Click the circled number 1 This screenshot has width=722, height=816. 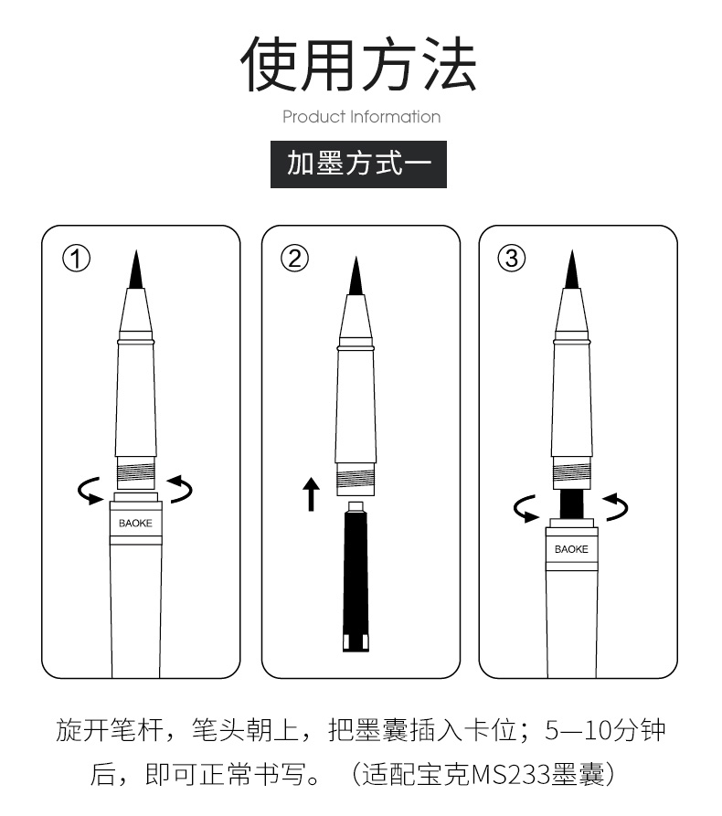(x=76, y=259)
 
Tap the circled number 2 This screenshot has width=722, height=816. (x=294, y=259)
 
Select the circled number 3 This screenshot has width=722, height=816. (x=512, y=259)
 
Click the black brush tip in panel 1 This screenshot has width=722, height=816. (x=136, y=270)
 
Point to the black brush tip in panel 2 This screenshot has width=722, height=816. (x=356, y=276)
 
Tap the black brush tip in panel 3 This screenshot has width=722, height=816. (x=572, y=270)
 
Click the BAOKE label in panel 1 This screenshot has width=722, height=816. (x=135, y=523)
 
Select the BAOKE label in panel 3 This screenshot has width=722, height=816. (x=571, y=549)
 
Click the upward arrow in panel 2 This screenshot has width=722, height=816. (x=312, y=493)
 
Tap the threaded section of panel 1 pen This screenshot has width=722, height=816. (x=136, y=473)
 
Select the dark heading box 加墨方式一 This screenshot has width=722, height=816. (x=358, y=164)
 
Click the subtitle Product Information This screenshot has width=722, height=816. (x=361, y=117)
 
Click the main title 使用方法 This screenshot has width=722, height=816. (x=358, y=63)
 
